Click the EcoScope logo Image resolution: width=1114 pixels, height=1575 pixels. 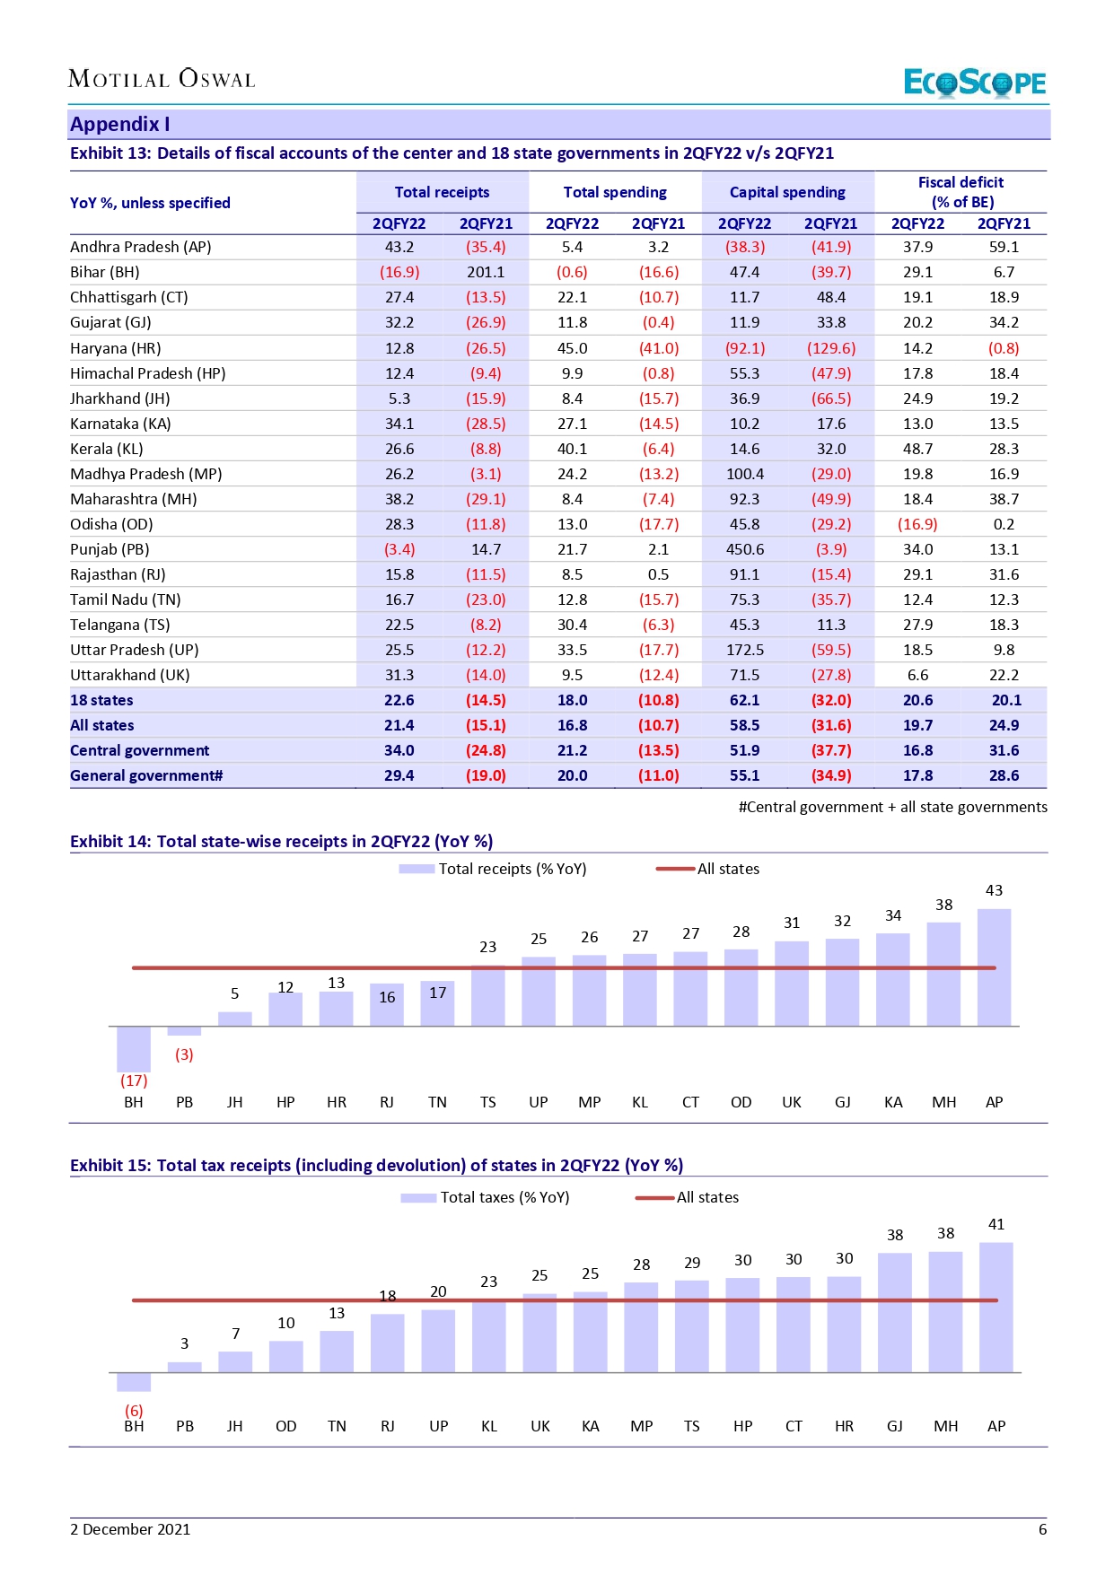tap(974, 83)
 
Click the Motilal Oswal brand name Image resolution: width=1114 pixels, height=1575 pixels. tap(162, 79)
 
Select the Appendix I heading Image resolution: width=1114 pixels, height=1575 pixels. tap(120, 124)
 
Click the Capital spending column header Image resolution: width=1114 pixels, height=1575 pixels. tap(787, 192)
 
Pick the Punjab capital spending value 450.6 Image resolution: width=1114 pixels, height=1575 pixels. tap(745, 549)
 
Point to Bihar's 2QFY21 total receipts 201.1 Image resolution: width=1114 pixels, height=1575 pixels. tap(486, 272)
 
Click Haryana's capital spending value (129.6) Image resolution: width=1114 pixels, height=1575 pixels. tap(831, 348)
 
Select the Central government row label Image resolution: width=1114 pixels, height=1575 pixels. tap(139, 750)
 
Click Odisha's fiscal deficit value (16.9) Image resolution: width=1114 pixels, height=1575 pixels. tap(917, 524)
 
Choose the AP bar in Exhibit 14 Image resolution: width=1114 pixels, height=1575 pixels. tap(994, 967)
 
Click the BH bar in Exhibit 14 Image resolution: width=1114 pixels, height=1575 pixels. tap(134, 1048)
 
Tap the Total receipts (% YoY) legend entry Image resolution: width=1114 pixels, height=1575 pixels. tap(494, 869)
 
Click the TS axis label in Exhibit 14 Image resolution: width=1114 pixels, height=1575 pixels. tap(487, 1102)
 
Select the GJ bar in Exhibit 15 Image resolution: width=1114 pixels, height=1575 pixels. tap(895, 1312)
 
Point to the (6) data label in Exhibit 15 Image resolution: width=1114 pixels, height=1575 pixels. tap(134, 1411)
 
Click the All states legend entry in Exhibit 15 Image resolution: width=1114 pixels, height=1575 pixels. tap(688, 1197)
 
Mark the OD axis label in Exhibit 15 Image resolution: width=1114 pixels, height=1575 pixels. tap(285, 1426)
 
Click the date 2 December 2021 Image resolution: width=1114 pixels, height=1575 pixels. tap(130, 1529)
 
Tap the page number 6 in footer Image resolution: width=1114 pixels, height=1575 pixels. tap(1042, 1529)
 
